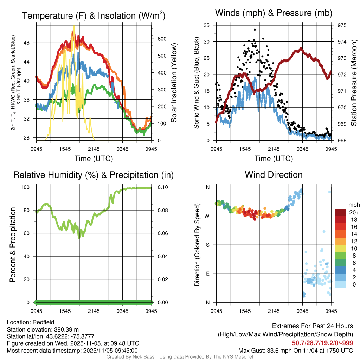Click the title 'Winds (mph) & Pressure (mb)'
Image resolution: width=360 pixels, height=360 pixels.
(274, 13)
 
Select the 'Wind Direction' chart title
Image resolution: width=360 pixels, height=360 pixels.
(274, 175)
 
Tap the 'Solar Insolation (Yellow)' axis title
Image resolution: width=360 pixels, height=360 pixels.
(173, 83)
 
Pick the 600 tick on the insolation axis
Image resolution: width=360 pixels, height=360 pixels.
(161, 39)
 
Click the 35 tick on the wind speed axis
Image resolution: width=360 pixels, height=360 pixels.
(207, 25)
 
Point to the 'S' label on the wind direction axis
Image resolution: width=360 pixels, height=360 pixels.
(207, 245)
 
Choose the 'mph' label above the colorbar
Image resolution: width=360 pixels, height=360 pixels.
(353, 205)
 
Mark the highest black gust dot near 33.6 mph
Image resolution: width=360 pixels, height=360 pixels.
(254, 30)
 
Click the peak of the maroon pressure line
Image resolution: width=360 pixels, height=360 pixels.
(301, 49)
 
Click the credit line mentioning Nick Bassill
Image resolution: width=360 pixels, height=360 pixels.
(180, 357)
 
